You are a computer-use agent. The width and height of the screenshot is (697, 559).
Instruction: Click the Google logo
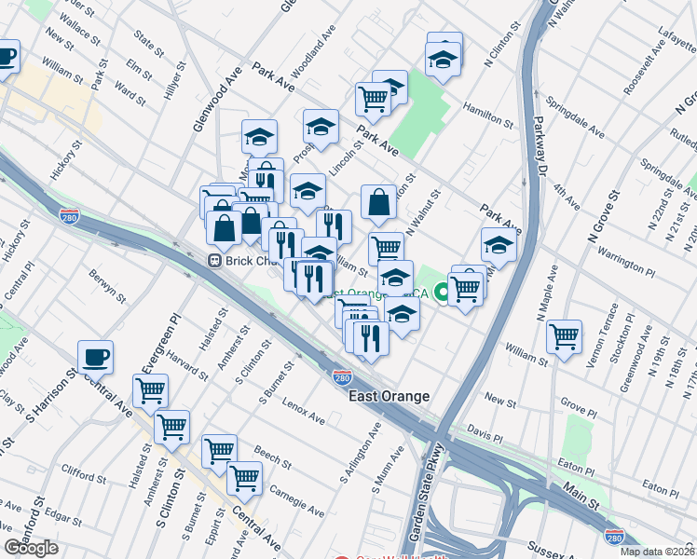point(32,548)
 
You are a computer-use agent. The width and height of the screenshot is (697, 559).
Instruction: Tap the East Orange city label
point(389,396)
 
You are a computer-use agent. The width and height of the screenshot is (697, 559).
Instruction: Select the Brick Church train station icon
point(213,262)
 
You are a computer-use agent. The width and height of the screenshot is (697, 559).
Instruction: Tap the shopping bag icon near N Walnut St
point(379,201)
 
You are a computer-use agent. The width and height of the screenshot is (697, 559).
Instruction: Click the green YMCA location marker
point(444,293)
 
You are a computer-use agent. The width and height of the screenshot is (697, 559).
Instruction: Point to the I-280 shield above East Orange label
point(342,377)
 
